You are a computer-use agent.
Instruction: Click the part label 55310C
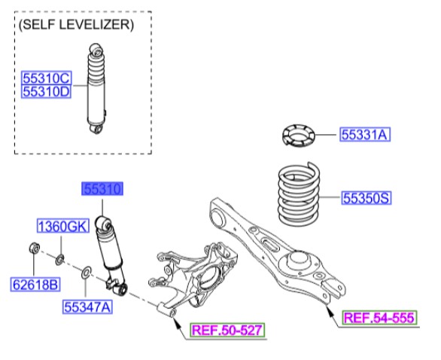(46, 78)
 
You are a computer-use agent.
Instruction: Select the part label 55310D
(46, 91)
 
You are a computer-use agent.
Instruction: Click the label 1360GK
(64, 226)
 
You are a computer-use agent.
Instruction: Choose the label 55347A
(87, 307)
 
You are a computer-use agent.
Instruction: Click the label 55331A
(364, 135)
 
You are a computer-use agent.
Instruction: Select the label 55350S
(366, 198)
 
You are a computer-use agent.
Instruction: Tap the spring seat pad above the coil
(296, 137)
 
